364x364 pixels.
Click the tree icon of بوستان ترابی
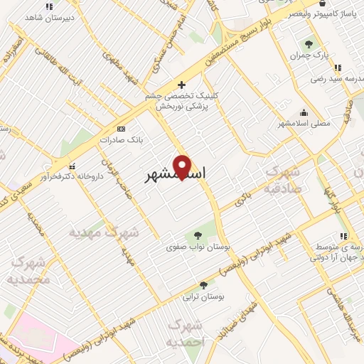(203, 284)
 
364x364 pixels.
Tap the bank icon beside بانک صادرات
(121, 129)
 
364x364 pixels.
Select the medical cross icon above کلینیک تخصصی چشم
(182, 85)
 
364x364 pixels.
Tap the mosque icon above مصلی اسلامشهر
(304, 112)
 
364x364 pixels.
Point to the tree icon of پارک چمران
(308, 43)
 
